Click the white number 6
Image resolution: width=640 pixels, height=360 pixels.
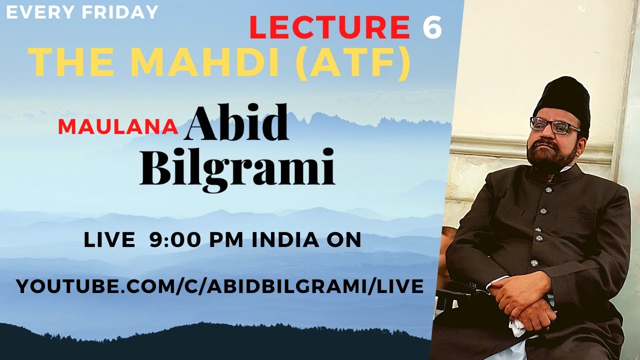click(432, 28)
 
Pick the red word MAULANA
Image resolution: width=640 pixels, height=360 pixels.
click(118, 127)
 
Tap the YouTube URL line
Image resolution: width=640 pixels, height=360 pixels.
click(220, 286)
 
